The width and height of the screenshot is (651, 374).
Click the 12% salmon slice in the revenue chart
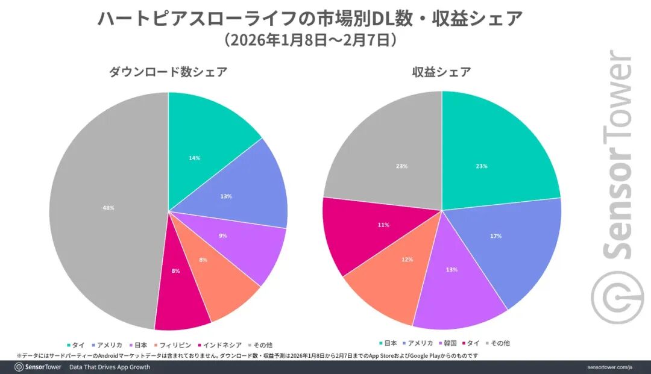(x=398, y=265)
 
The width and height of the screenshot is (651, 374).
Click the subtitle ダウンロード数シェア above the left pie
(x=168, y=72)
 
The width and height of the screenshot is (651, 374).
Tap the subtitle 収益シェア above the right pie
(x=441, y=72)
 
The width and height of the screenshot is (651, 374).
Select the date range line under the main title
(x=310, y=40)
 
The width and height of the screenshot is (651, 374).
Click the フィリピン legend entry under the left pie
(x=174, y=345)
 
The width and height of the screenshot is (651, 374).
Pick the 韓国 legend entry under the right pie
(x=448, y=343)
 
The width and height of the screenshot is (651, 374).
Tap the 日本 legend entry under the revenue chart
(x=388, y=343)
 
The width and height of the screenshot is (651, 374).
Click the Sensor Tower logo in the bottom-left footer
(x=37, y=367)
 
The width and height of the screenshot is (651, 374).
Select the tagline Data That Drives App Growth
(x=109, y=367)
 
